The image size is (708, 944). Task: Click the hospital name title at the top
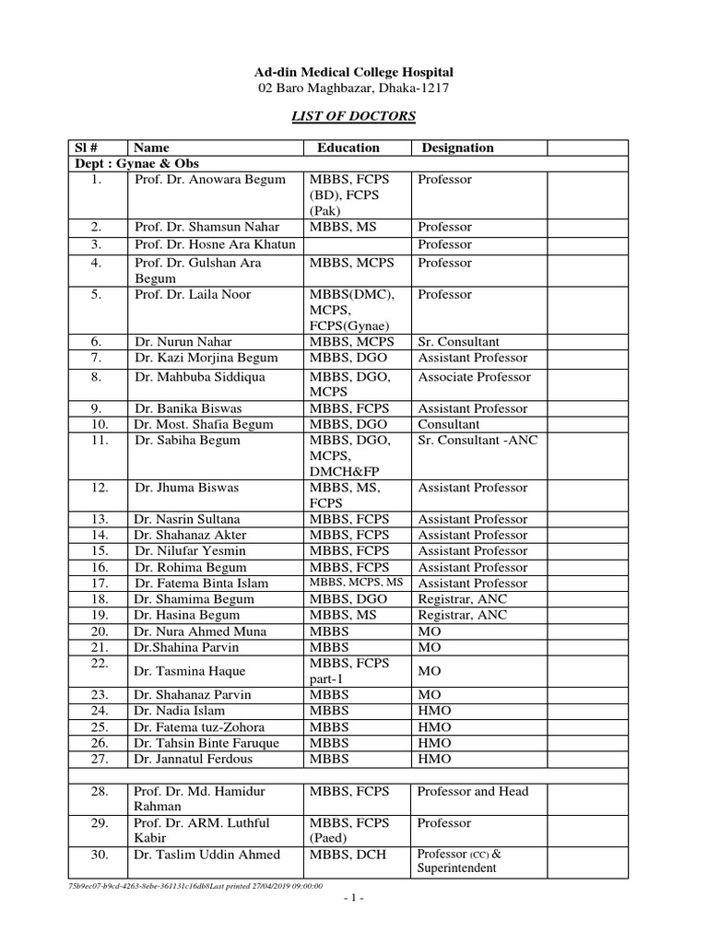pyautogui.click(x=354, y=72)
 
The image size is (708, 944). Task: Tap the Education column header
pyautogui.click(x=348, y=147)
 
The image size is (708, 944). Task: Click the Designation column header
pyautogui.click(x=457, y=147)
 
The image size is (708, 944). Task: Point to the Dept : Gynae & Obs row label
pyautogui.click(x=124, y=163)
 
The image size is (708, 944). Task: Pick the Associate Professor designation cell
pyautogui.click(x=475, y=376)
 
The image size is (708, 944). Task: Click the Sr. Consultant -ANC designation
pyautogui.click(x=478, y=440)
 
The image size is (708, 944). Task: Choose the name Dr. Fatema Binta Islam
pyautogui.click(x=202, y=584)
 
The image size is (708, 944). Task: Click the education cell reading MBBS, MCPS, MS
pyautogui.click(x=357, y=584)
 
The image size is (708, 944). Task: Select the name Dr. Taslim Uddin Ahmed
pyautogui.click(x=207, y=855)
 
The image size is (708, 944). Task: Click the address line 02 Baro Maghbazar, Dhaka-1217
pyautogui.click(x=354, y=88)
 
